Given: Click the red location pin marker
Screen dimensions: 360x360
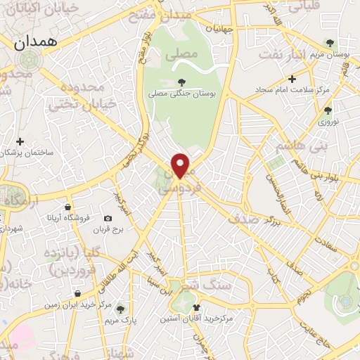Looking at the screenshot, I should [x=181, y=165].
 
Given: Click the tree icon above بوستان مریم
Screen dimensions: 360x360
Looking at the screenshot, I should [x=330, y=44].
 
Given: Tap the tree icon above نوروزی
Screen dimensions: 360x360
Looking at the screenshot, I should [x=328, y=110].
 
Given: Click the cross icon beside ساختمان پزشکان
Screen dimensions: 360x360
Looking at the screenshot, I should [x=20, y=141].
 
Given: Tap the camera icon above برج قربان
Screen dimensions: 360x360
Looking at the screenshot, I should [x=108, y=219].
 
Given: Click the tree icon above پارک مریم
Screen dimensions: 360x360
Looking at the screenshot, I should [x=120, y=309].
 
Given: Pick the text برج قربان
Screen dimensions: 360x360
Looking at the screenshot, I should [x=110, y=230].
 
